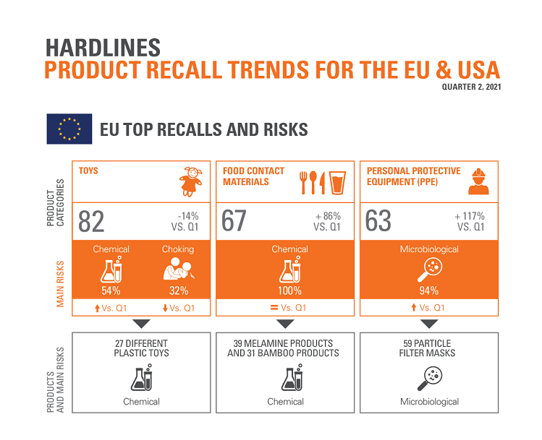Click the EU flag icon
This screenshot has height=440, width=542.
tap(69, 129)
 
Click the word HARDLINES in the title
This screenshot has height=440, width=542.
tap(103, 46)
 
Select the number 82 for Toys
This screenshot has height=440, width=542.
tap(91, 221)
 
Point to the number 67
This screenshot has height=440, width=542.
tap(234, 221)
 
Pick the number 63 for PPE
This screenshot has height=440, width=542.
tap(378, 221)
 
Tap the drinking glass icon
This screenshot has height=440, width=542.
tap(336, 183)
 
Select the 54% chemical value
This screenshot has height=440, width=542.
tap(111, 291)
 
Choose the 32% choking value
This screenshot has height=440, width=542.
tap(178, 291)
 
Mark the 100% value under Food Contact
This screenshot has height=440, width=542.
tap(285, 291)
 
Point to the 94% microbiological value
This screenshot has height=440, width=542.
tap(429, 291)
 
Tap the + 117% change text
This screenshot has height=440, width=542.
tap(470, 215)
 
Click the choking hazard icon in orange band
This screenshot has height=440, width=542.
tap(177, 269)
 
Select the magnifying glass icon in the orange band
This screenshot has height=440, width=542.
tap(428, 269)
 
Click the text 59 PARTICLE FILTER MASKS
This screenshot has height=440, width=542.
tap(429, 348)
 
